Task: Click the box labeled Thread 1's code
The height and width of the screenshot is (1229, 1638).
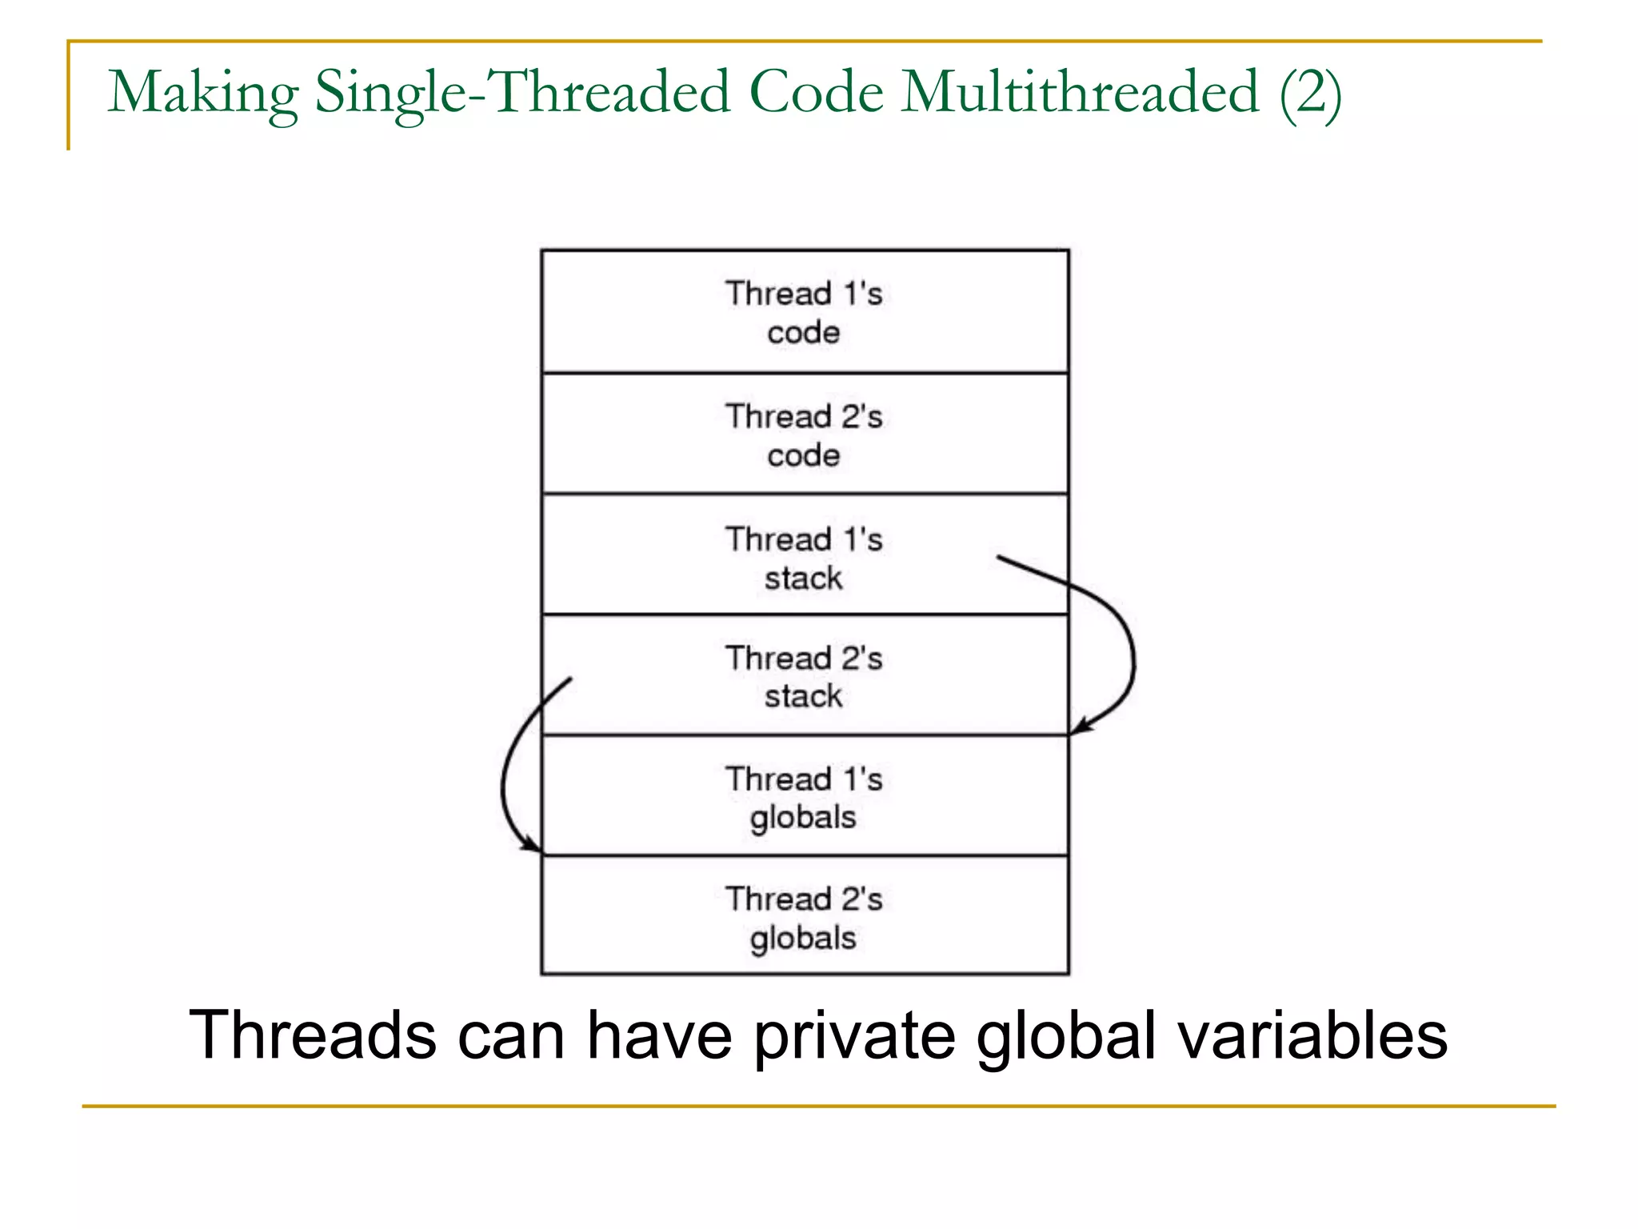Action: click(804, 312)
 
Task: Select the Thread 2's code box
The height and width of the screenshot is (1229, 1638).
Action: click(804, 434)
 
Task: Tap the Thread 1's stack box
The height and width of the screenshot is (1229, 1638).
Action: click(804, 557)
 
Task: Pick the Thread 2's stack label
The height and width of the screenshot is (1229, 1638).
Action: click(804, 677)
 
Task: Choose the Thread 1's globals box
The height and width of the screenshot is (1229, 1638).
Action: click(804, 797)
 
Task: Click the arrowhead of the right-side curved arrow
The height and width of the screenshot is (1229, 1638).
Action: click(1077, 729)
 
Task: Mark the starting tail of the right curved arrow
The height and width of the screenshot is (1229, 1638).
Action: click(999, 557)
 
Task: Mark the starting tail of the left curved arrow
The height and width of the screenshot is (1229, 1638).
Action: click(569, 679)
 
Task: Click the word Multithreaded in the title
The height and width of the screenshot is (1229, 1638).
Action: click(1081, 93)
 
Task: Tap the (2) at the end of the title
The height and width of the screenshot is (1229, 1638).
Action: click(1309, 94)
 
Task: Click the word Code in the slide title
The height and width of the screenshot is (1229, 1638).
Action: click(816, 93)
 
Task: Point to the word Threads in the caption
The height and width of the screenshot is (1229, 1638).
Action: click(312, 1035)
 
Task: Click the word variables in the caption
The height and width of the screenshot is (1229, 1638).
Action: click(1312, 1035)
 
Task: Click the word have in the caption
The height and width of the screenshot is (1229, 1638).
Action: click(659, 1035)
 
